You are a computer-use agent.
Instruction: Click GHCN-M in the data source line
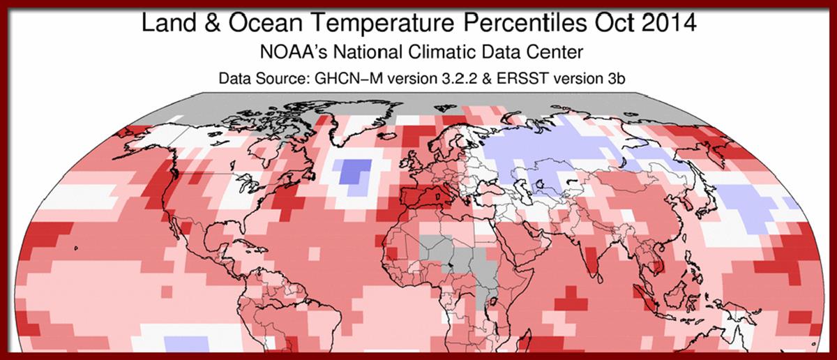[x=338, y=79]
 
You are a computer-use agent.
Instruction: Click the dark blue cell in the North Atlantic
[x=354, y=170]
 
